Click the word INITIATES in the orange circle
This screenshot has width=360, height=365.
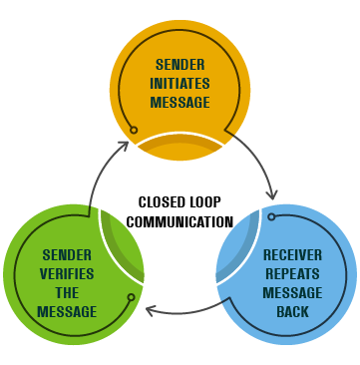coord(180,84)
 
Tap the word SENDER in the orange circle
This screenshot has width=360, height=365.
coord(180,66)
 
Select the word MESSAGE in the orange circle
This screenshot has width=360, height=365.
coord(180,103)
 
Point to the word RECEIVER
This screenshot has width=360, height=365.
coord(292,255)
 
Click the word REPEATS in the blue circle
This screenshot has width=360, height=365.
coord(292,274)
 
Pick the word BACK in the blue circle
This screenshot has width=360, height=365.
coord(292,312)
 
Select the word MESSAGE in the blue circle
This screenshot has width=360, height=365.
coord(292,293)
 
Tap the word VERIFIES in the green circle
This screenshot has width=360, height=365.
coord(67,274)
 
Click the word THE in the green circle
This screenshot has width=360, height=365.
coord(67,293)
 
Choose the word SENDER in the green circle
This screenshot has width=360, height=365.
coord(67,255)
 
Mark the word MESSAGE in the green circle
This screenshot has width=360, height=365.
coord(67,312)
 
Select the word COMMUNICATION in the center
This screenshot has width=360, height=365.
coord(180,221)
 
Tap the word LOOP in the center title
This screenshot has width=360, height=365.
coord(208,202)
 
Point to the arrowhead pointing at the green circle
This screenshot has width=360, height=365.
coord(151,311)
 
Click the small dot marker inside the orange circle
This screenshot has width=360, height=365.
coord(133,130)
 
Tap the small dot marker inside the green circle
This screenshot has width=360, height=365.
coord(131,296)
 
